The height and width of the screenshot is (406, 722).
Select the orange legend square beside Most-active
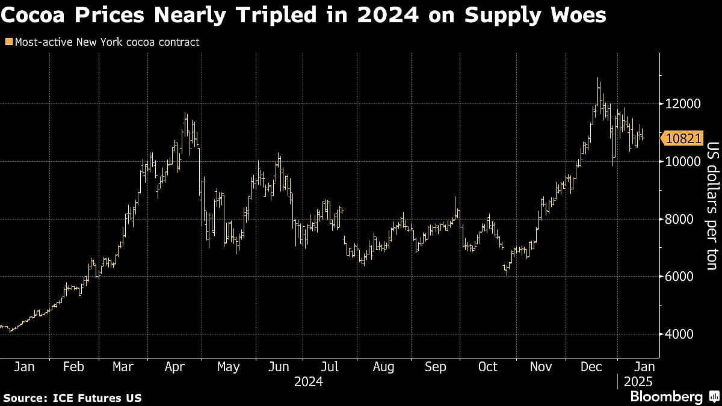point(8,42)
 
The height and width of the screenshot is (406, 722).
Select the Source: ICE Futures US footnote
point(73,398)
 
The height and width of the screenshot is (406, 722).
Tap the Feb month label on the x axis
point(73,366)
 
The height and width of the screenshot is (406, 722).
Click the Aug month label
point(383,366)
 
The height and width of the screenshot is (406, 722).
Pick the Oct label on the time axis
point(487,366)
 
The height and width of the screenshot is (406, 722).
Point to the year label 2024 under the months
point(309,381)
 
